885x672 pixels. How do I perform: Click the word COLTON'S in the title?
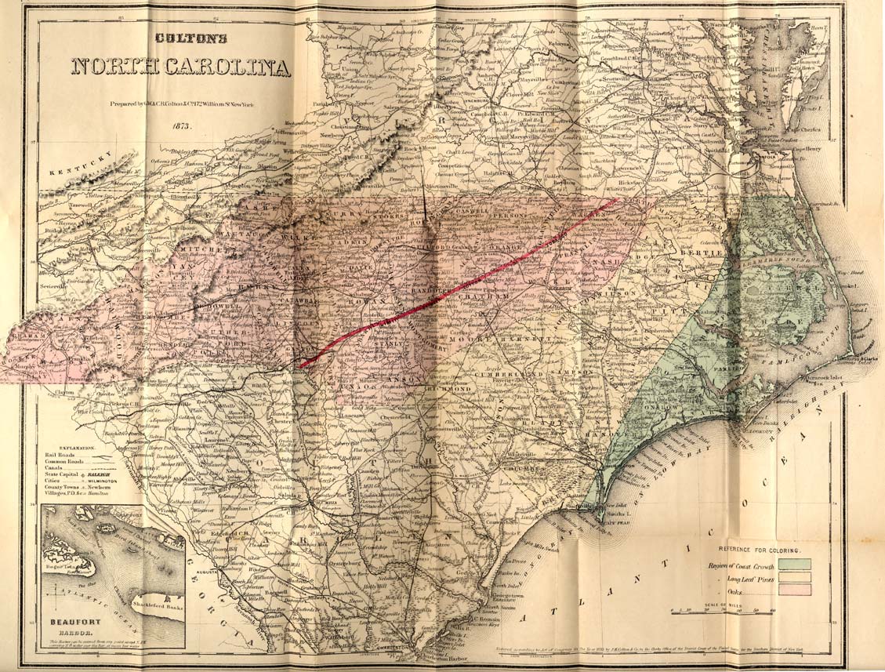pyautogui.click(x=180, y=37)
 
